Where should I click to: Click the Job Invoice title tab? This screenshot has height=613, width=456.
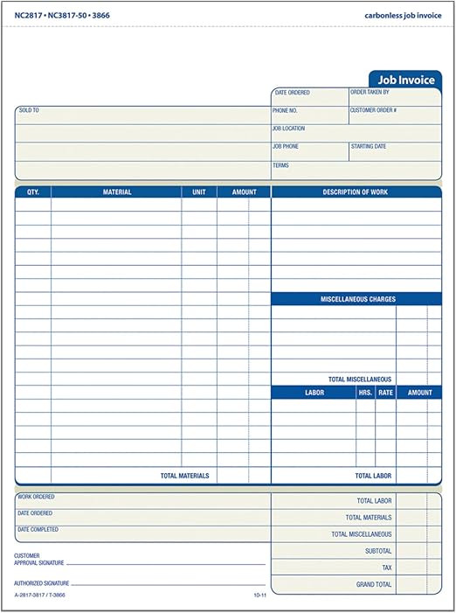tap(405, 79)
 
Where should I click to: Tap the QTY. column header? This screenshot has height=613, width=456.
tap(33, 192)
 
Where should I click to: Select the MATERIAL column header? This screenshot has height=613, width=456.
tap(117, 192)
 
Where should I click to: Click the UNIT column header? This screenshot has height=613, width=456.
tap(199, 192)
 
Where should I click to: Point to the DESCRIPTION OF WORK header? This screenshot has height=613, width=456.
tap(356, 192)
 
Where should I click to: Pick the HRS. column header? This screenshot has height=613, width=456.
tap(365, 393)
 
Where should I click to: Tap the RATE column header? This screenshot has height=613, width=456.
tap(385, 393)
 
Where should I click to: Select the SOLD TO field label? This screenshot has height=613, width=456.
tap(30, 111)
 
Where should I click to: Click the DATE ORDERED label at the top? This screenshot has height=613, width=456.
tap(293, 93)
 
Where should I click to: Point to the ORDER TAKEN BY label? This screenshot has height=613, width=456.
tap(370, 92)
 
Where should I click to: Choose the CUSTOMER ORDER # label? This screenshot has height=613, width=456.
tap(373, 111)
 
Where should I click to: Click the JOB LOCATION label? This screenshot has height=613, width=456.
tap(288, 129)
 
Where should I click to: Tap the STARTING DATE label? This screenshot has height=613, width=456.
tap(368, 147)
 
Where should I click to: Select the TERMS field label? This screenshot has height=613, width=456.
tap(280, 165)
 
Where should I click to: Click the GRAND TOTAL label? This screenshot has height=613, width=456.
tap(373, 584)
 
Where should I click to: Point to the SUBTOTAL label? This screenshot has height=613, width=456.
tap(378, 551)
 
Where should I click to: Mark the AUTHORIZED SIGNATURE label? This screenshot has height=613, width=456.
tap(40, 582)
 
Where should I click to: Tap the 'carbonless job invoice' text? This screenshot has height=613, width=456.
tap(403, 16)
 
